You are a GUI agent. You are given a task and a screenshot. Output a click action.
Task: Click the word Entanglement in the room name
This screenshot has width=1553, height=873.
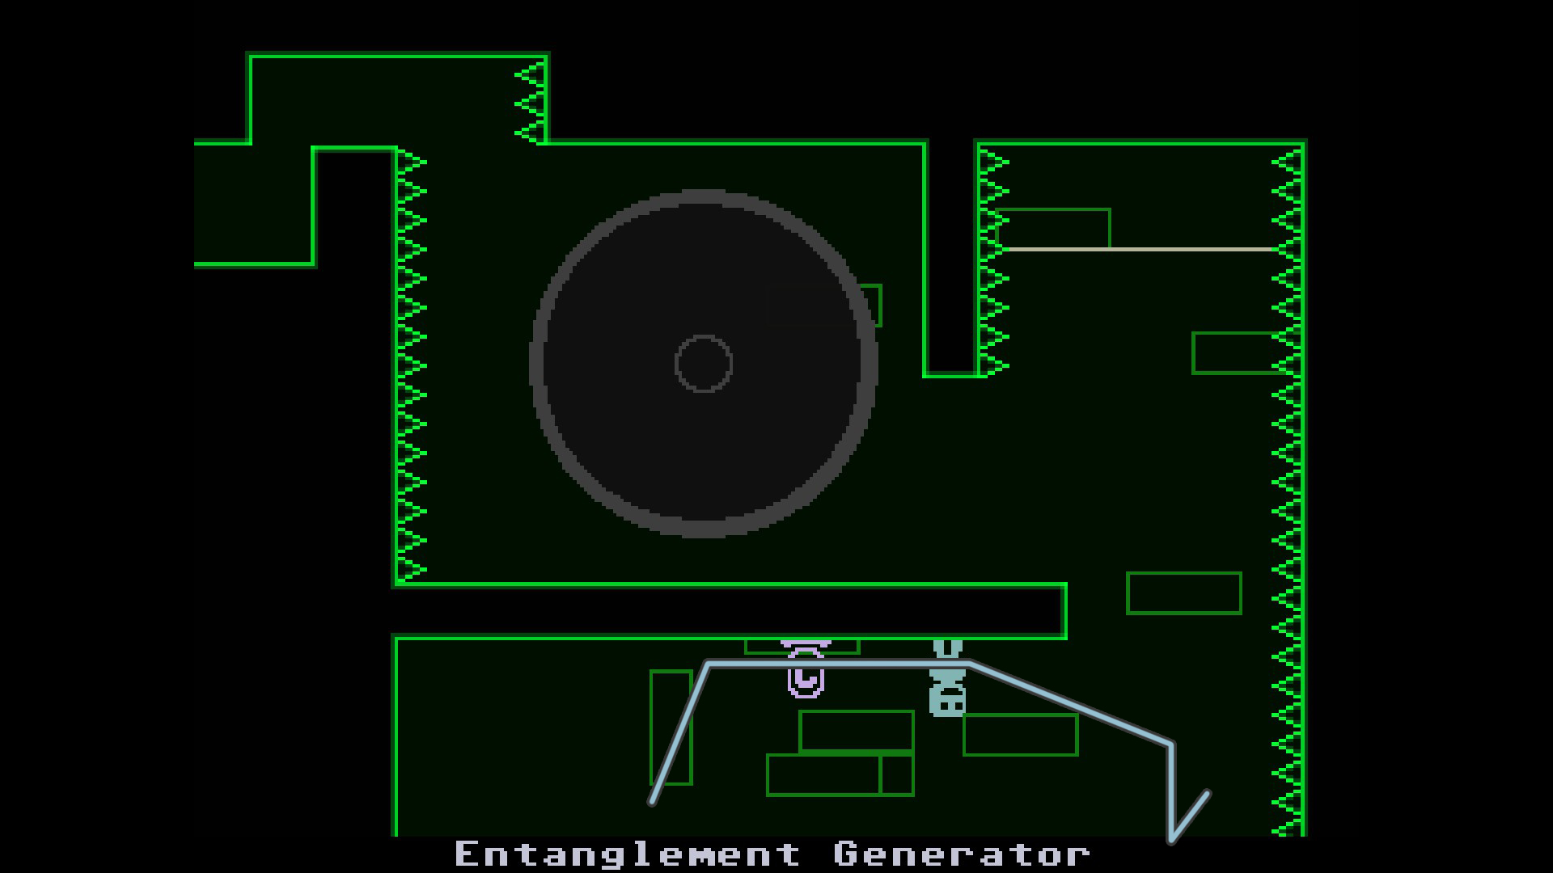[628, 854]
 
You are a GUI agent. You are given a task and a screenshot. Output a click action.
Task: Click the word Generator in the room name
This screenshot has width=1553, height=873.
[962, 854]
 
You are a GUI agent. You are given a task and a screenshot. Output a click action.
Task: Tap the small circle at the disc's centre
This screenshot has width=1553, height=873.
[704, 364]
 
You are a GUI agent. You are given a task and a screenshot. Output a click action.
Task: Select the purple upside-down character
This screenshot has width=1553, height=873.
[806, 668]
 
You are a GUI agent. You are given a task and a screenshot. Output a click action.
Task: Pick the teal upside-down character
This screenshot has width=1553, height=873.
[947, 678]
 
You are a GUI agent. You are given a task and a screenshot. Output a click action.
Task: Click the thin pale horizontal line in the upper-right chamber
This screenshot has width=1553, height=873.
[1141, 250]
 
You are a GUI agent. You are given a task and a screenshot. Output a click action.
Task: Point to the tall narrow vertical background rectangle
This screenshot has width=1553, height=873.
[671, 727]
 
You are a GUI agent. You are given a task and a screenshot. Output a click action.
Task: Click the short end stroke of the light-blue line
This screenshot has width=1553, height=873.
[1189, 816]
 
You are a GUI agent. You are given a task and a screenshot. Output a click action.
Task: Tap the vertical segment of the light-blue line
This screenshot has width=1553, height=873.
[1170, 792]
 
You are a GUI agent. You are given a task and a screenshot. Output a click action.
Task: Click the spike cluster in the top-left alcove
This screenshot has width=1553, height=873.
[530, 103]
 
